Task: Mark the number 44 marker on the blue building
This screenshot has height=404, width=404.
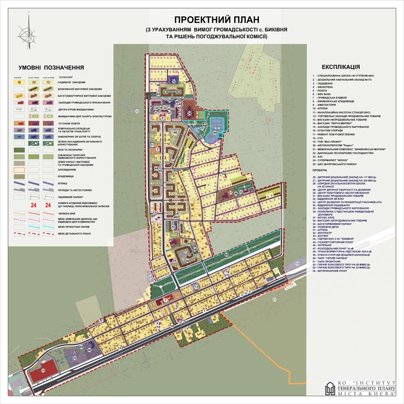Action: tap(215, 133)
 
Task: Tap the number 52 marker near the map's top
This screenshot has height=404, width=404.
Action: tap(174, 81)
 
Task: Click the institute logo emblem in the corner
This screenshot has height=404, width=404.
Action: tap(330, 389)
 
